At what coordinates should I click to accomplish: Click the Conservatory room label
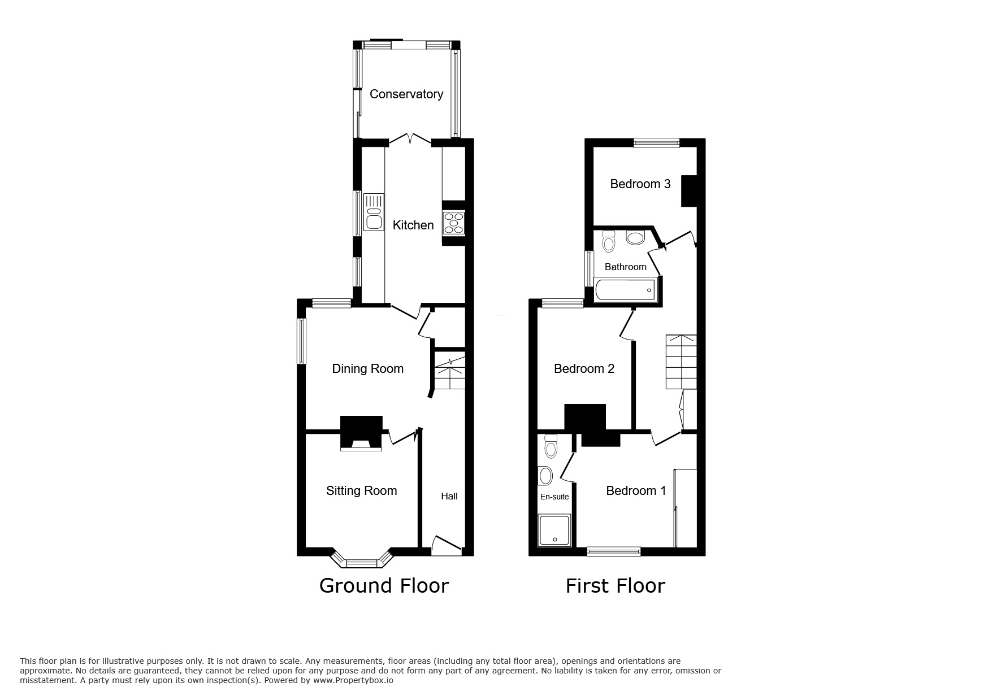click(406, 94)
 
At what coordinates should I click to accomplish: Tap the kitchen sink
click(373, 212)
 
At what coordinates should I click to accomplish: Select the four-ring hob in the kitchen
click(453, 223)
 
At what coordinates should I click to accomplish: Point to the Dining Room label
click(367, 369)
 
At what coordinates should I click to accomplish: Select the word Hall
click(449, 497)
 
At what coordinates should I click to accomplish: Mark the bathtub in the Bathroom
click(625, 290)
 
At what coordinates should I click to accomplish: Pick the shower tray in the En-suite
click(554, 530)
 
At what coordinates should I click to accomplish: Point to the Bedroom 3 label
click(640, 184)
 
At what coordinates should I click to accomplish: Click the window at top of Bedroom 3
click(656, 143)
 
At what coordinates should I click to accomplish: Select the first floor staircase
click(681, 362)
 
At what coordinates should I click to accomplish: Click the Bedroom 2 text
click(584, 369)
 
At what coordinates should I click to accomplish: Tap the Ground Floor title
click(384, 585)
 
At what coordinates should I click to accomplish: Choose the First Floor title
click(615, 585)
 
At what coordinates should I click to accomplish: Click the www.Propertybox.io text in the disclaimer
click(353, 681)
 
